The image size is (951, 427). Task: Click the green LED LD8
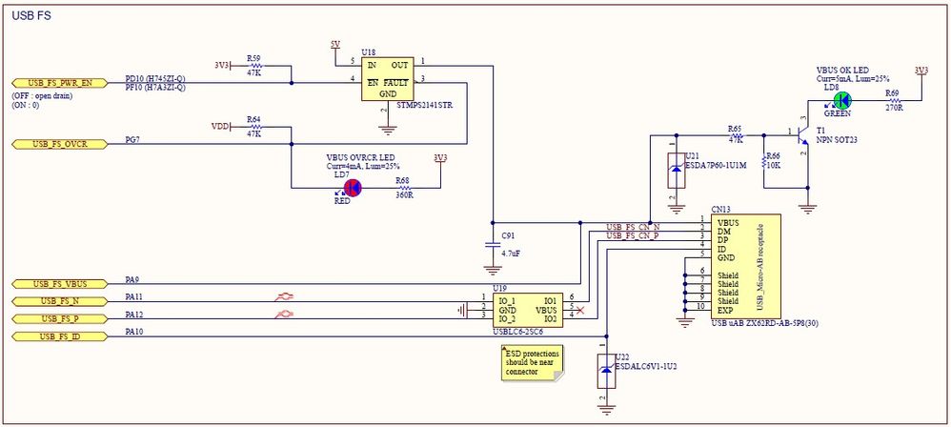841,100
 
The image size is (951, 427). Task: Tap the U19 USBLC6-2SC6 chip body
523,310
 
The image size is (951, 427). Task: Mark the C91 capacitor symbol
493,245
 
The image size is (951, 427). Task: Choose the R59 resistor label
253,57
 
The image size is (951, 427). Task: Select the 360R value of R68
404,194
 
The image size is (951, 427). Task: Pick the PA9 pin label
133,279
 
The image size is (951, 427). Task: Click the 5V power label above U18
334,45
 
